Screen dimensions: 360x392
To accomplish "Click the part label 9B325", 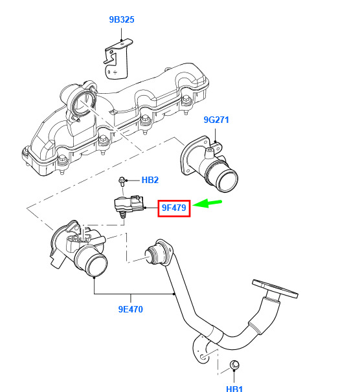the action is coord(122,19).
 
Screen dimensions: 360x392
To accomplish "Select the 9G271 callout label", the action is coord(216,120).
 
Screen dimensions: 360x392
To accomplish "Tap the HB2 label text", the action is coord(150,180).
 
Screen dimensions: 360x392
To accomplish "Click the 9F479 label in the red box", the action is coord(174,208).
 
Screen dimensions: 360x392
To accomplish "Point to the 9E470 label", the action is coord(130,309).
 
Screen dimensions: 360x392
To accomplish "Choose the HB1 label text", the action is coord(234,389).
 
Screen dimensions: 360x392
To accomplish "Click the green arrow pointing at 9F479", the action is coord(207,203).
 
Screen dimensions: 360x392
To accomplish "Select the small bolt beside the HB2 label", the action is coord(122,181).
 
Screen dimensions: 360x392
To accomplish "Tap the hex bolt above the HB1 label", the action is coord(234,365).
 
